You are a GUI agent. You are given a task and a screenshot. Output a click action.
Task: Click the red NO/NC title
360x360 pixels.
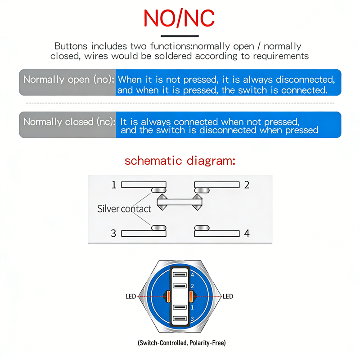pos(179,18)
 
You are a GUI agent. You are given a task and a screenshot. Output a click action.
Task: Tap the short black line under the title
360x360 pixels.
pos(180,36)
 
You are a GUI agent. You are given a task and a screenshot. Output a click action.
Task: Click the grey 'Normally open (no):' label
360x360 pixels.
pos(67,80)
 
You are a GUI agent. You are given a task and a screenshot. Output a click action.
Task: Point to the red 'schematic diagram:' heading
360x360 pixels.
pos(180,161)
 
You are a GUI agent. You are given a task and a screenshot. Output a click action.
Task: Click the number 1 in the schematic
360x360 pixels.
pos(114,184)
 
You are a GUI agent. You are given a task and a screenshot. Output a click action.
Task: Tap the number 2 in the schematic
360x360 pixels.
pos(247,184)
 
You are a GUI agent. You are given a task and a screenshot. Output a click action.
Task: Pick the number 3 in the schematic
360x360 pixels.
pos(114,233)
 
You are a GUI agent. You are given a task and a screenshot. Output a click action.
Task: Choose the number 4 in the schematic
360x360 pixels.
pos(247,233)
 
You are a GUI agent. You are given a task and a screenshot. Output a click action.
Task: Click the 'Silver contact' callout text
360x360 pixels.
pos(124,209)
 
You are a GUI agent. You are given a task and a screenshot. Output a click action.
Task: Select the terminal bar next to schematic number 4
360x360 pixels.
pos(217,233)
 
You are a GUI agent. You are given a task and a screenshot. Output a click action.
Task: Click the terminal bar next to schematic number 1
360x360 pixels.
pos(144,184)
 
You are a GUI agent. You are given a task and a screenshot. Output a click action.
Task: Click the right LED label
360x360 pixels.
pos(228,297)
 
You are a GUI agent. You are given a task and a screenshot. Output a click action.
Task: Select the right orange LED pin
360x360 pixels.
pos(191,297)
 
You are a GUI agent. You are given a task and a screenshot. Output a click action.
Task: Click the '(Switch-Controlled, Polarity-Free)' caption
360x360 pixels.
pos(182,343)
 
